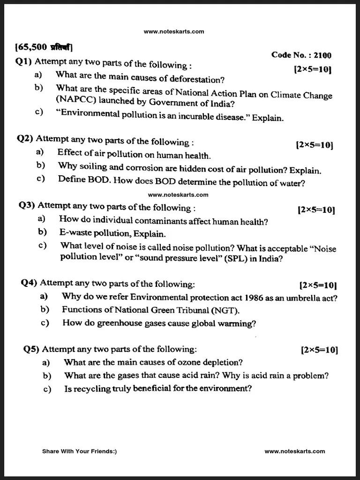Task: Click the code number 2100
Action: point(322,55)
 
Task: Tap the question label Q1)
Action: point(24,61)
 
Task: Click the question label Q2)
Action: point(26,138)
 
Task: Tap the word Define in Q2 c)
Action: point(71,179)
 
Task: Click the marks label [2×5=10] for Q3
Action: point(316,210)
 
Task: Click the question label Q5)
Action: point(32,349)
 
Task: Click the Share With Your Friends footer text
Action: point(79,451)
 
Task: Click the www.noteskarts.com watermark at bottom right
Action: point(294,451)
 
